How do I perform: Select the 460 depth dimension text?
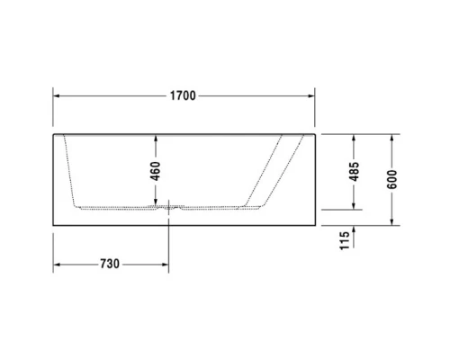click(155, 170)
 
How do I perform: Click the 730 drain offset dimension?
click(110, 265)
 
